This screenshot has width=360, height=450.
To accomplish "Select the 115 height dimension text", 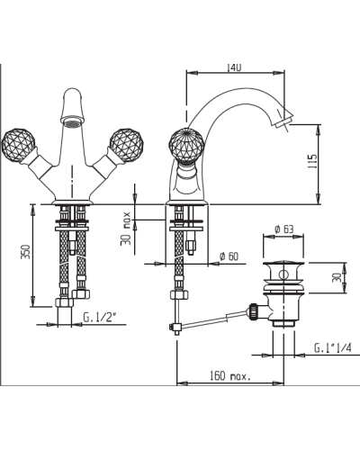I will coord(312,162).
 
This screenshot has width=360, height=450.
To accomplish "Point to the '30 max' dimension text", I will coord(127,228).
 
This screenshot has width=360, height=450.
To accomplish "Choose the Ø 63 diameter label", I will coord(285,229).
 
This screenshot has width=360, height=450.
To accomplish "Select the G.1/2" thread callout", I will coord(101,318).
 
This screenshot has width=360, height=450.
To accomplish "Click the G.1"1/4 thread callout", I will coord(333,347).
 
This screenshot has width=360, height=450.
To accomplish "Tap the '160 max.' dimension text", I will coord(229,375).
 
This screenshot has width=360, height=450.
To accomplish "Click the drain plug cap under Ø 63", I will coord(285,266).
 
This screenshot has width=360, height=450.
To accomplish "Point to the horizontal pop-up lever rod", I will coord(216,317).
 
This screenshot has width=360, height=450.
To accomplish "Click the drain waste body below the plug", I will coord(285,306).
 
